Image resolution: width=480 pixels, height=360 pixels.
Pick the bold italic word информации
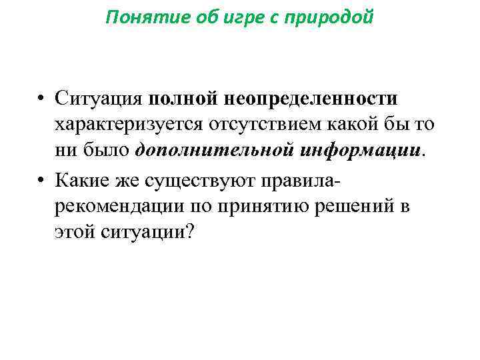[x=359, y=150]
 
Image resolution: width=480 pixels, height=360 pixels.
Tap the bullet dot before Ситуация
[x=41, y=100]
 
